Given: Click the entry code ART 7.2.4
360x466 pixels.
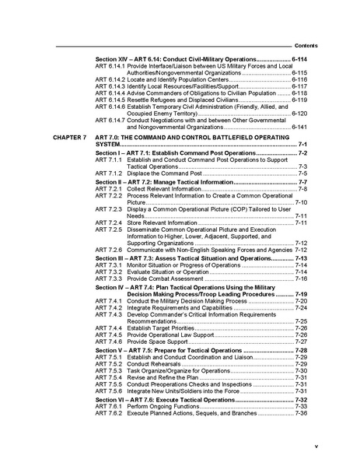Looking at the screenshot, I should point(108,222).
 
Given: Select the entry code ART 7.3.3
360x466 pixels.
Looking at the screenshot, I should point(108,278).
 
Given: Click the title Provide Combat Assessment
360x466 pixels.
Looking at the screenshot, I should point(166,278).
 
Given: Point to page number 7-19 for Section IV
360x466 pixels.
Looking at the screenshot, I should point(302,294).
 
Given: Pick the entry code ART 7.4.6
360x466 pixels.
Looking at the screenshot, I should point(108,341).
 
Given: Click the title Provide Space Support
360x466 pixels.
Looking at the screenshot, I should point(156,341).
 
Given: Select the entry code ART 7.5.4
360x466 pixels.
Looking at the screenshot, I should point(108,377).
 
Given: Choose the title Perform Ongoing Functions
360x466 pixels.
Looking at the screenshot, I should point(165,406).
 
